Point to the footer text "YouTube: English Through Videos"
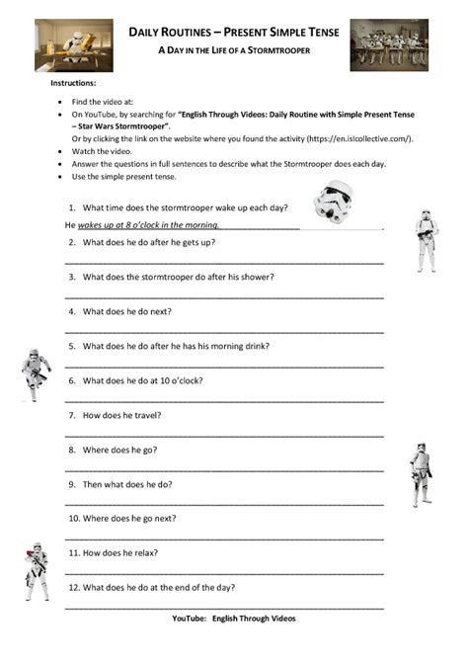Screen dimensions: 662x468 click(x=233, y=619)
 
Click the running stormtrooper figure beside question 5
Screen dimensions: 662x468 click(x=36, y=374)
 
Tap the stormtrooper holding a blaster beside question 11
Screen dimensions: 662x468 click(x=37, y=571)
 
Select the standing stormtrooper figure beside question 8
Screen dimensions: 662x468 click(x=420, y=473)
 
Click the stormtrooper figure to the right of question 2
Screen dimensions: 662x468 click(x=426, y=239)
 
